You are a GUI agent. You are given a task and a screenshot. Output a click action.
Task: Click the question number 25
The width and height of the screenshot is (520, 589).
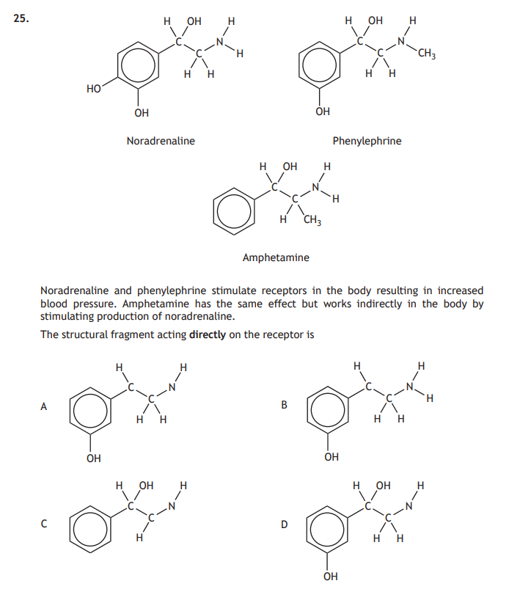21,20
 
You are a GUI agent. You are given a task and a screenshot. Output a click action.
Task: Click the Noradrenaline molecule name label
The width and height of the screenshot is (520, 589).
161,141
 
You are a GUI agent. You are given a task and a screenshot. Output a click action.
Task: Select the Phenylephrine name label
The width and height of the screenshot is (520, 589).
367,141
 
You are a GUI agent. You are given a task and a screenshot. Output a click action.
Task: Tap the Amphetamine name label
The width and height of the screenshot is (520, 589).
276,257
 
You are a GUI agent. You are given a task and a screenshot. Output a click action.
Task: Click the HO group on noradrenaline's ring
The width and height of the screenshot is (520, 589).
93,89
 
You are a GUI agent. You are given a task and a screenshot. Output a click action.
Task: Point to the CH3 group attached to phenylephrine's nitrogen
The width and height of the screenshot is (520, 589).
428,54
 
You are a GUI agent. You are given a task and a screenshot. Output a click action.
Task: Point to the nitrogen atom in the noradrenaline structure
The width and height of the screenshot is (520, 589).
218,41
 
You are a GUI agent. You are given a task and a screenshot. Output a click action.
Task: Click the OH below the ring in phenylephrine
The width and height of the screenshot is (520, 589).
322,111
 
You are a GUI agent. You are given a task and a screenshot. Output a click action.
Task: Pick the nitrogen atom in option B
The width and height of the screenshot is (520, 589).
411,387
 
